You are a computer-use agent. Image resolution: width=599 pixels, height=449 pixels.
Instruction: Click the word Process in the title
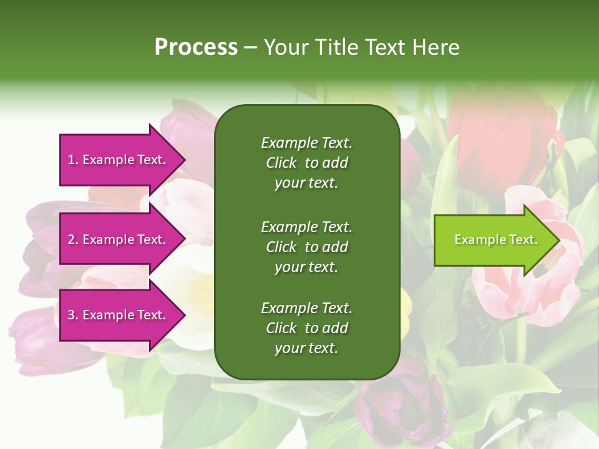[196, 47]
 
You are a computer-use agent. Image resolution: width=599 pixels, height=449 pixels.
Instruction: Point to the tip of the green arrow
[557, 240]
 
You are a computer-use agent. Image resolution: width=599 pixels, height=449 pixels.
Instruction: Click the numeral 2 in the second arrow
[71, 239]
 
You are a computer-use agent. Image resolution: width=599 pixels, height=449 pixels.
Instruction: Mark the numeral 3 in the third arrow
[71, 315]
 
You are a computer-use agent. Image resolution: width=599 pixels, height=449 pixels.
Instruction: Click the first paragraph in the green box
[306, 163]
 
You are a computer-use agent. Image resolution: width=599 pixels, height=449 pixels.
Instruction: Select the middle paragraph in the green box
[306, 246]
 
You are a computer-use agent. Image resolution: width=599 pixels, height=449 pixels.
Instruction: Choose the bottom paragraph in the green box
[306, 328]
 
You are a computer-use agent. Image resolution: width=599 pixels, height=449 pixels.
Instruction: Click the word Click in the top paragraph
[281, 163]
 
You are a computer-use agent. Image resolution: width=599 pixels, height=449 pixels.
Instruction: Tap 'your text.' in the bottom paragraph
[306, 348]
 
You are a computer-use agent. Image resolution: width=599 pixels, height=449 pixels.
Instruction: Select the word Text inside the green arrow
[524, 239]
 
